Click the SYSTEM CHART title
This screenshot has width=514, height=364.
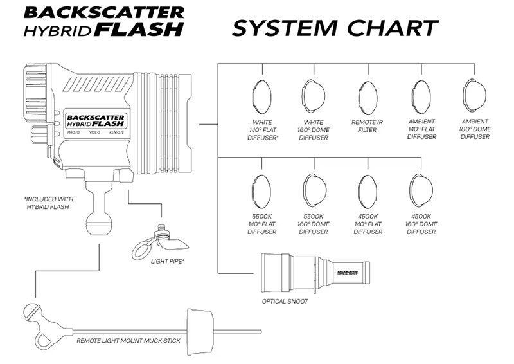click(x=335, y=28)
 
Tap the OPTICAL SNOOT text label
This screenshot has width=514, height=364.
click(x=285, y=301)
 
